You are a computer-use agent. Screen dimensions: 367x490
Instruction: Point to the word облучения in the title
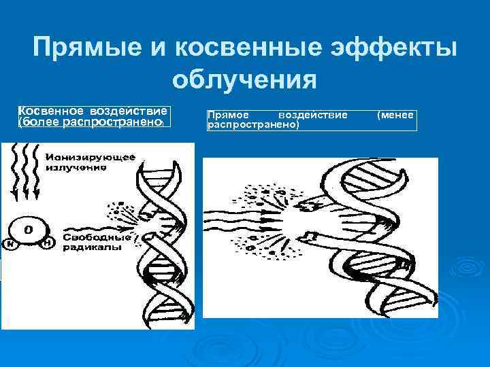[244, 80]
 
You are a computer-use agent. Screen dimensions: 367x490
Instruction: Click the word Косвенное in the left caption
[50, 111]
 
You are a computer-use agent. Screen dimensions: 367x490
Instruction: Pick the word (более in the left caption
[39, 122]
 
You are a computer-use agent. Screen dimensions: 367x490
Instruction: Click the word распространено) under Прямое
[253, 126]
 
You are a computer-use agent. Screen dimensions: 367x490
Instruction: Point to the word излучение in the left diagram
[75, 167]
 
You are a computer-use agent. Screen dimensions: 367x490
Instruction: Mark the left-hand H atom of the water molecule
[10, 242]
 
